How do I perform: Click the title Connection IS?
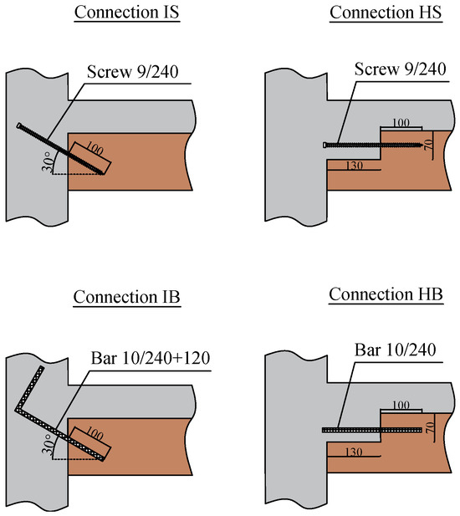[126, 13]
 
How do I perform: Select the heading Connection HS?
[386, 13]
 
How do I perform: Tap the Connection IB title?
[126, 297]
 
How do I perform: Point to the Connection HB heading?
[386, 294]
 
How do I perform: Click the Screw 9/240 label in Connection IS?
[133, 72]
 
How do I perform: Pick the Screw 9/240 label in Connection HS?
[400, 69]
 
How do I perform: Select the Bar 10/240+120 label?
[151, 358]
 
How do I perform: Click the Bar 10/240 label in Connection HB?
[395, 350]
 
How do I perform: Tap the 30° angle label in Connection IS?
[48, 162]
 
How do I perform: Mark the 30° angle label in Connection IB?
[48, 444]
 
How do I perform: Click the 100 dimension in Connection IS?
[95, 149]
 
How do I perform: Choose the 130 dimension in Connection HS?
[354, 166]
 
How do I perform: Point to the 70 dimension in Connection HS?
[428, 145]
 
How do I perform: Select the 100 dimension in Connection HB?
[401, 405]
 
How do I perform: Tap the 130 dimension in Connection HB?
[354, 452]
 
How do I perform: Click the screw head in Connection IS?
[19, 125]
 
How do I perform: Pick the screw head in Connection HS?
[325, 145]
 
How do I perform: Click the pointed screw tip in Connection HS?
[422, 145]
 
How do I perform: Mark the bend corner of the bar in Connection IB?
[17, 410]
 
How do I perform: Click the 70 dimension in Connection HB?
[428, 427]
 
